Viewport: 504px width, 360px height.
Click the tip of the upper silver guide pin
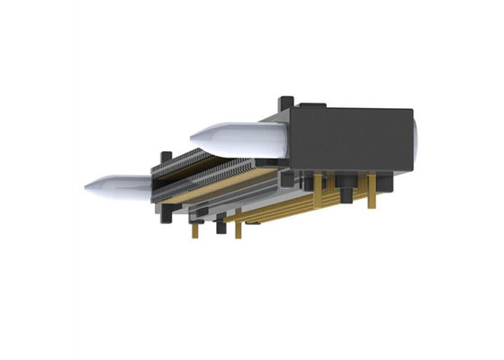coord(193,136)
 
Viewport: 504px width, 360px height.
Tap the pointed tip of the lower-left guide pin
coord(86,188)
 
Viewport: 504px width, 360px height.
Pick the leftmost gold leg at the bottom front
coord(194,230)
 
